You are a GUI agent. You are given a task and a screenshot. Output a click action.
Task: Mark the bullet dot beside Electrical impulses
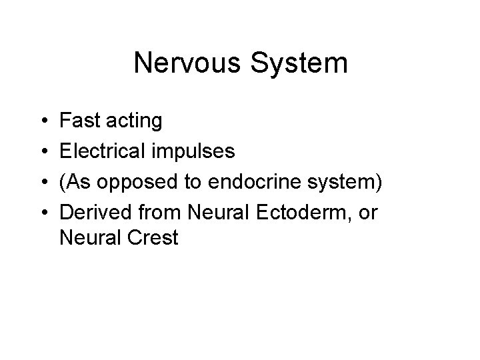point(42,152)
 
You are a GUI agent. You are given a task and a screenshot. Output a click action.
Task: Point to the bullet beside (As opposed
point(42,182)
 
